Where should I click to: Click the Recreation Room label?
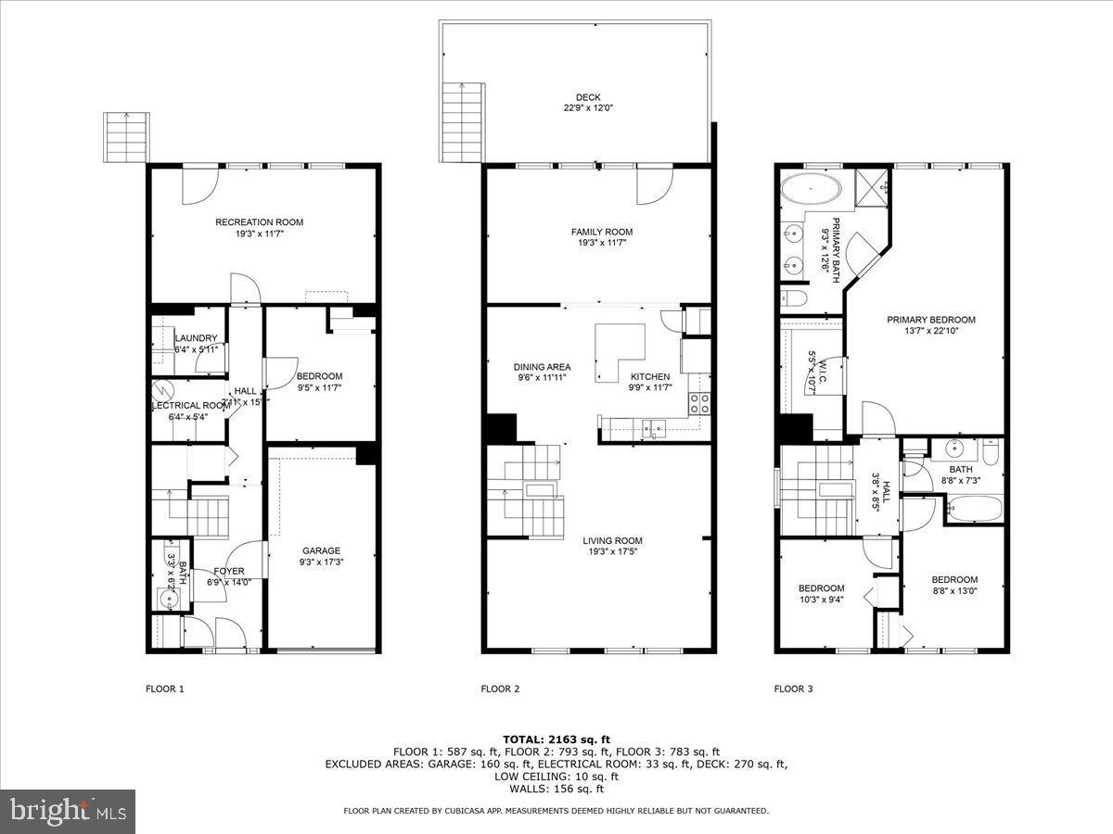pos(259,222)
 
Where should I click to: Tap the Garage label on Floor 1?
pos(321,550)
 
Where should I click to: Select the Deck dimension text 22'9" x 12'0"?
pos(588,107)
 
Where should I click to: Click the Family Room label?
pos(601,232)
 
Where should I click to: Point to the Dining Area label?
pos(543,366)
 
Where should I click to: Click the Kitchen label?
pos(649,377)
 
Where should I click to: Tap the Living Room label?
pos(612,540)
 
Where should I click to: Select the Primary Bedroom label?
pos(930,320)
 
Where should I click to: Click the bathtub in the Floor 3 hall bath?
pos(973,509)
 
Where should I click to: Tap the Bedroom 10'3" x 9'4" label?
pos(821,588)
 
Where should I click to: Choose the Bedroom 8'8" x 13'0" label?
pos(954,580)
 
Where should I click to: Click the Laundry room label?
pos(196,338)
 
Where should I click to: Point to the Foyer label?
pos(229,571)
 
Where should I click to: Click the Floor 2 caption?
pos(500,689)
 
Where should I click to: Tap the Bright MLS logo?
pos(68,811)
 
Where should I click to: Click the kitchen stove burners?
pos(698,402)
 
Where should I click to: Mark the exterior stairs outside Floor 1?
pos(126,137)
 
